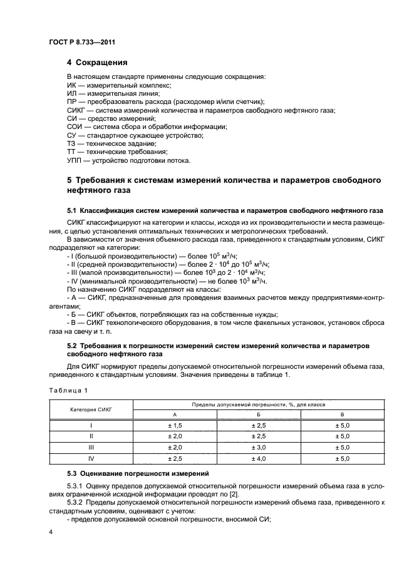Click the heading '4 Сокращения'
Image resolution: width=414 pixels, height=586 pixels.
pos(97,63)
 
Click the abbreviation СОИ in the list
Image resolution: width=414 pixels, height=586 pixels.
pos(75,127)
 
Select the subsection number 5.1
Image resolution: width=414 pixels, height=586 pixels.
pos(72,209)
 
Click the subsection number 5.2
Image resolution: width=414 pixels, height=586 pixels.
pos(72,346)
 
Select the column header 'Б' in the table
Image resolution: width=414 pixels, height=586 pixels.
pos(259,414)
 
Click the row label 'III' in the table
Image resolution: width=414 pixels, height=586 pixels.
pos(91,447)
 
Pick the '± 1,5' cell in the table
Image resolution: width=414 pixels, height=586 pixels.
pos(174,425)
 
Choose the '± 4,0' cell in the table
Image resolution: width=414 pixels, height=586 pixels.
pos(259,458)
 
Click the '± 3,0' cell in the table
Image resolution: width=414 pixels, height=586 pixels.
pos(259,447)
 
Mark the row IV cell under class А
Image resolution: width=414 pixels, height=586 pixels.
pos(174,458)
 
